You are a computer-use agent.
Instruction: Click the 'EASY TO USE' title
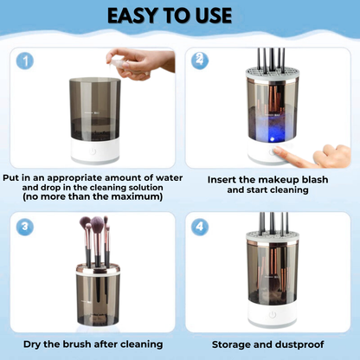coord(181,16)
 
